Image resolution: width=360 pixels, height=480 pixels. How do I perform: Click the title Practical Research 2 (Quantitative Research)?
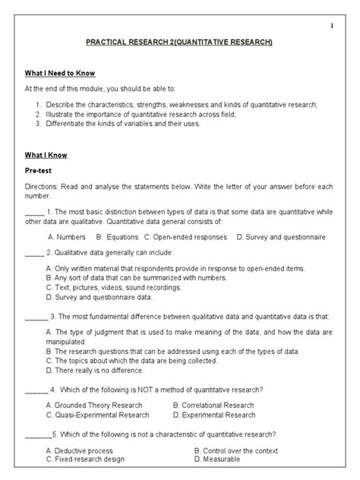tap(179, 43)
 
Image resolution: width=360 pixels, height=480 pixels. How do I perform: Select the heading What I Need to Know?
tap(59, 74)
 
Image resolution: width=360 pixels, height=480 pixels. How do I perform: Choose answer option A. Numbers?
tap(65, 237)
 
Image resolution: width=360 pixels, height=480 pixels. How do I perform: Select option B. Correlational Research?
tap(213, 406)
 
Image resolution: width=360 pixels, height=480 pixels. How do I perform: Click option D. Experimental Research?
tap(213, 415)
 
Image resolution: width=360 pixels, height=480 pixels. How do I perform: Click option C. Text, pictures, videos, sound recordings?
tap(115, 287)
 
